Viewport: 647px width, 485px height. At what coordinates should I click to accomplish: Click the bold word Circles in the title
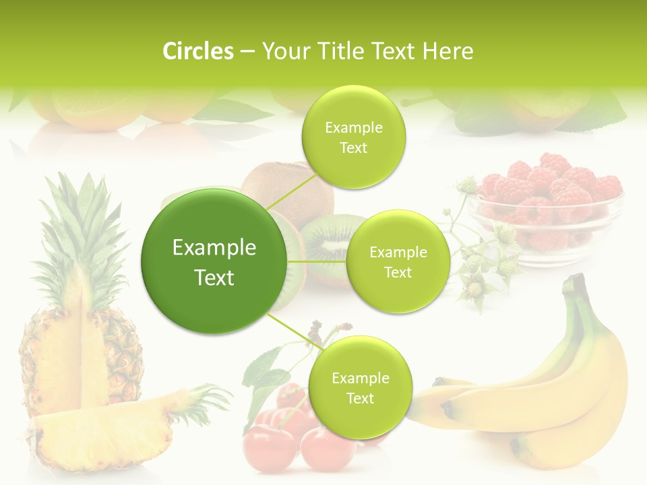pyautogui.click(x=197, y=51)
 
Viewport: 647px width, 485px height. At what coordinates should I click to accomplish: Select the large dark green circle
pyautogui.click(x=214, y=261)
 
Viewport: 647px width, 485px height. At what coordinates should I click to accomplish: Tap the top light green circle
pyautogui.click(x=353, y=137)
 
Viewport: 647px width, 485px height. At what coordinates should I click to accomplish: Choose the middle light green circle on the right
pyautogui.click(x=398, y=262)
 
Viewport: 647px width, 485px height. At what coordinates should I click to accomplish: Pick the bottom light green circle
pyautogui.click(x=360, y=388)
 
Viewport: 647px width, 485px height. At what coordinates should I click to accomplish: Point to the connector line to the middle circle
pyautogui.click(x=317, y=261)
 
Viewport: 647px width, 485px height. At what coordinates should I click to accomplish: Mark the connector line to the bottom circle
pyautogui.click(x=294, y=331)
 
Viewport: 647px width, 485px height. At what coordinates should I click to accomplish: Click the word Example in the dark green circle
pyautogui.click(x=214, y=248)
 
